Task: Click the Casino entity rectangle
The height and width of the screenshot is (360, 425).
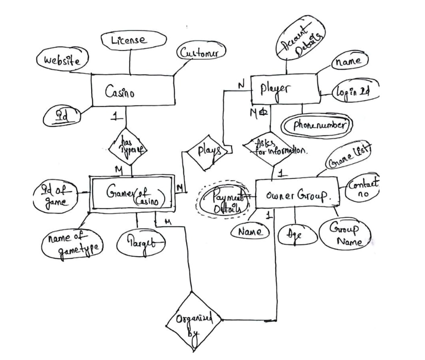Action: click(x=133, y=90)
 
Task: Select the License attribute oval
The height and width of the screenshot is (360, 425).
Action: click(x=133, y=40)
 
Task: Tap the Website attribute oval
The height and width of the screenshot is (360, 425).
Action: click(x=63, y=60)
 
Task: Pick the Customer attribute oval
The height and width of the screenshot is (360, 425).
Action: click(x=202, y=53)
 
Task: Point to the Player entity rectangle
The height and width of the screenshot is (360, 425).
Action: click(x=285, y=90)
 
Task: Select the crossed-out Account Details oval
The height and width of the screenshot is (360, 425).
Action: click(x=300, y=38)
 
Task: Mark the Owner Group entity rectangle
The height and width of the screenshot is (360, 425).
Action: click(x=296, y=193)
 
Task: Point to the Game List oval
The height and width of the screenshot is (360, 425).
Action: click(x=349, y=155)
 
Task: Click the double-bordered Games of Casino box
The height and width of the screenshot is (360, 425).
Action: click(x=132, y=193)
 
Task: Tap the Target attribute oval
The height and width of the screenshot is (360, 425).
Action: click(x=140, y=242)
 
